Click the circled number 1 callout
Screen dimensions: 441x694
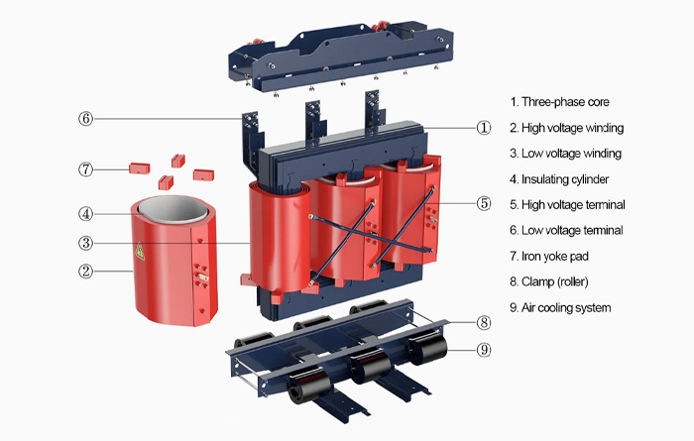[484, 127]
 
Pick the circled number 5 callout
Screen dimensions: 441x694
[484, 203]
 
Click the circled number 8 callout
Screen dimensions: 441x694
[484, 322]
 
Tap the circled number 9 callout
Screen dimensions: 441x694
[484, 348]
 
